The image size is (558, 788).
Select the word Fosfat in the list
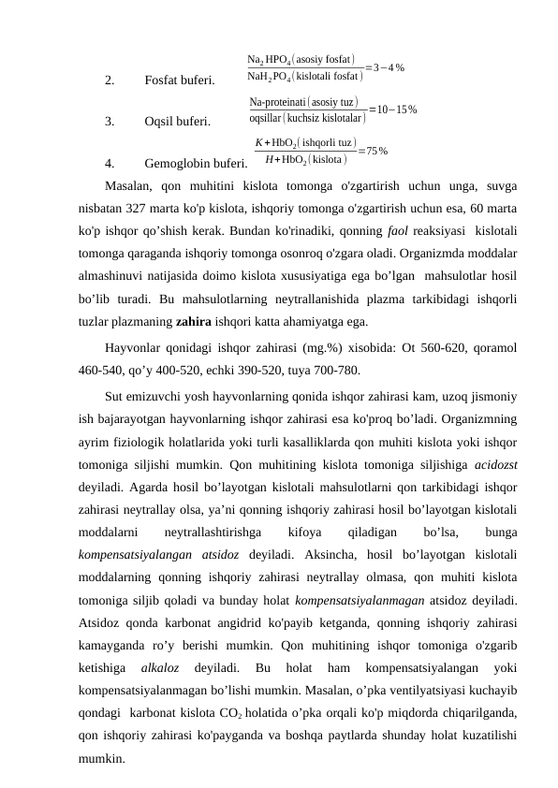162,80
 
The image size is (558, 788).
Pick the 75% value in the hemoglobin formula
374,151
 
